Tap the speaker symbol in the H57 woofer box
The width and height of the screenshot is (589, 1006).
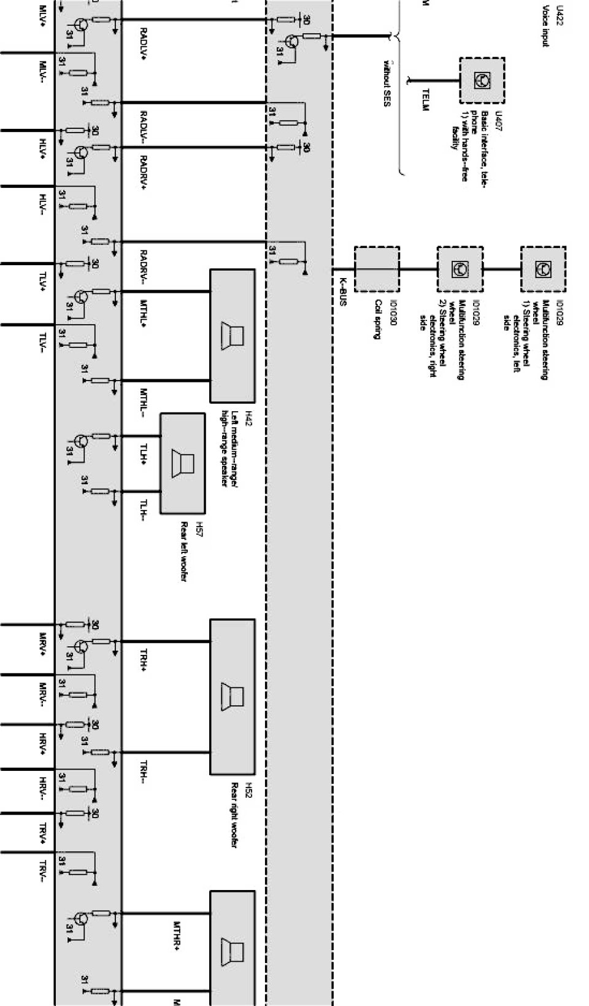(x=183, y=462)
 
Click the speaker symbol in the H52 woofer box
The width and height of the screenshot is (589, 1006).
(x=233, y=697)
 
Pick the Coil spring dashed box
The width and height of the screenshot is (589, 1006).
(x=377, y=269)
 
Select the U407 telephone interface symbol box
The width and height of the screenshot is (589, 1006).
(x=482, y=80)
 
